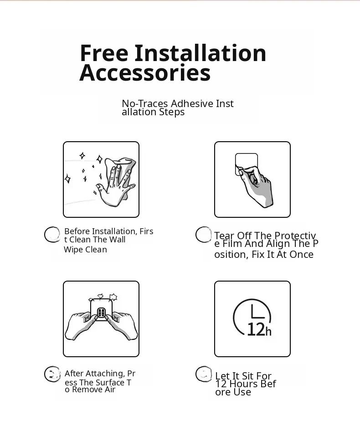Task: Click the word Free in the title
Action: [x=104, y=53]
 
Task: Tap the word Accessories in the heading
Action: [x=145, y=72]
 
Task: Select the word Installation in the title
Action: [x=201, y=53]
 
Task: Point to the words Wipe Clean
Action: [x=85, y=249]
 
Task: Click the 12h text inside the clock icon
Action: [x=259, y=329]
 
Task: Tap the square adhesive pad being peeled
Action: [x=246, y=164]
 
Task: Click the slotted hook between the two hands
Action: [x=101, y=313]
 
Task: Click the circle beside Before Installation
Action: [x=52, y=235]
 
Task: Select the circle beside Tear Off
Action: [x=203, y=235]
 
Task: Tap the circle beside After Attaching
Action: [x=52, y=374]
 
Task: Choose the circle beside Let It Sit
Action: [x=204, y=374]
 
